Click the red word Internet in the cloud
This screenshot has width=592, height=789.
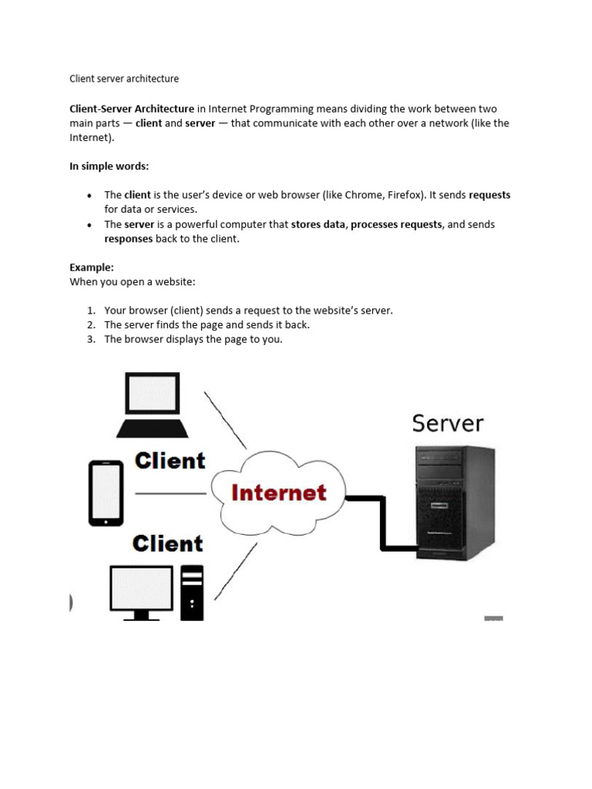click(x=278, y=492)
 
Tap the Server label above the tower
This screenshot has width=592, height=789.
click(x=448, y=423)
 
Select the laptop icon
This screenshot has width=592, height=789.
click(x=152, y=405)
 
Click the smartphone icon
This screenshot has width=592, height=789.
click(x=106, y=493)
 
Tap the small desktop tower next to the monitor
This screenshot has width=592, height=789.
click(x=192, y=593)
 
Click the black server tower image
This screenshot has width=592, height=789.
click(x=455, y=502)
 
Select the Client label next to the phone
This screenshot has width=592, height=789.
click(x=170, y=461)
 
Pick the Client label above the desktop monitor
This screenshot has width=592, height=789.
click(x=167, y=543)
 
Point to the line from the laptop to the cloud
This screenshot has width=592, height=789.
click(x=225, y=420)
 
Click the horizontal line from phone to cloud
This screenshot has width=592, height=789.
click(x=170, y=494)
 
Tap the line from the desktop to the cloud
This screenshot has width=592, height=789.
click(x=236, y=571)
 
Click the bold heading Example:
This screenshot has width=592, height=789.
click(x=92, y=267)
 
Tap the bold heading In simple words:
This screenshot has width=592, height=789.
click(x=109, y=166)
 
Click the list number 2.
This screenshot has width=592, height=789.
click(x=91, y=324)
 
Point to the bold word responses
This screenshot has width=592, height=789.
click(x=129, y=239)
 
